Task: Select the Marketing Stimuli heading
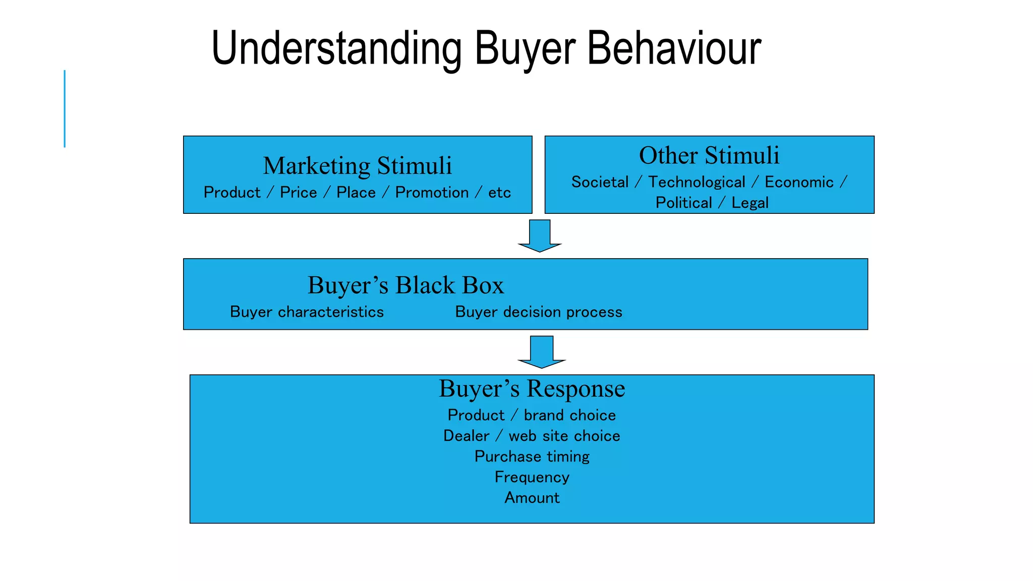click(357, 165)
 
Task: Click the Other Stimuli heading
click(709, 155)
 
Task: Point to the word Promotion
click(432, 193)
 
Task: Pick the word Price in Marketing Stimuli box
click(298, 193)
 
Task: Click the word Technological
click(697, 182)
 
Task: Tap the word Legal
click(750, 203)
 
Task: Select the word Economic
click(799, 182)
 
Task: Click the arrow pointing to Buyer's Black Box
click(540, 236)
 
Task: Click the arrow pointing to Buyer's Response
click(542, 352)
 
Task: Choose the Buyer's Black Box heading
click(406, 285)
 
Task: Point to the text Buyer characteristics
click(307, 312)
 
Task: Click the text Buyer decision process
click(538, 312)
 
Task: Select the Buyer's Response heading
click(532, 388)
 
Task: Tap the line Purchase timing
click(532, 456)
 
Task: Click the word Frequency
click(532, 477)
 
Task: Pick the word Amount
click(532, 498)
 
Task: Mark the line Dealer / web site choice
click(532, 436)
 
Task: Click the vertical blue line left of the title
click(65, 108)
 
